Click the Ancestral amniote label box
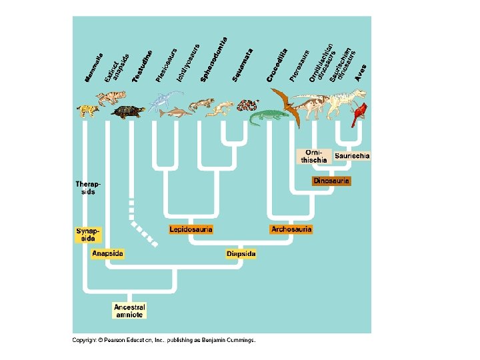[x=129, y=311]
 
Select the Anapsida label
[x=107, y=254]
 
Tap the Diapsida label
[x=241, y=254]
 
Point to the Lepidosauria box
[x=191, y=229]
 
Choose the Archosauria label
[x=291, y=229]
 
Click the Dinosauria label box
[x=331, y=181]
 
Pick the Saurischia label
[x=352, y=155]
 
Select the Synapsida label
[x=88, y=234]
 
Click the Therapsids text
[x=85, y=187]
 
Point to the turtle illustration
[x=128, y=112]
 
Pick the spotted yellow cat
[x=87, y=109]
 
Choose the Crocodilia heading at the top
[x=277, y=65]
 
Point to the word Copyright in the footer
[x=84, y=340]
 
